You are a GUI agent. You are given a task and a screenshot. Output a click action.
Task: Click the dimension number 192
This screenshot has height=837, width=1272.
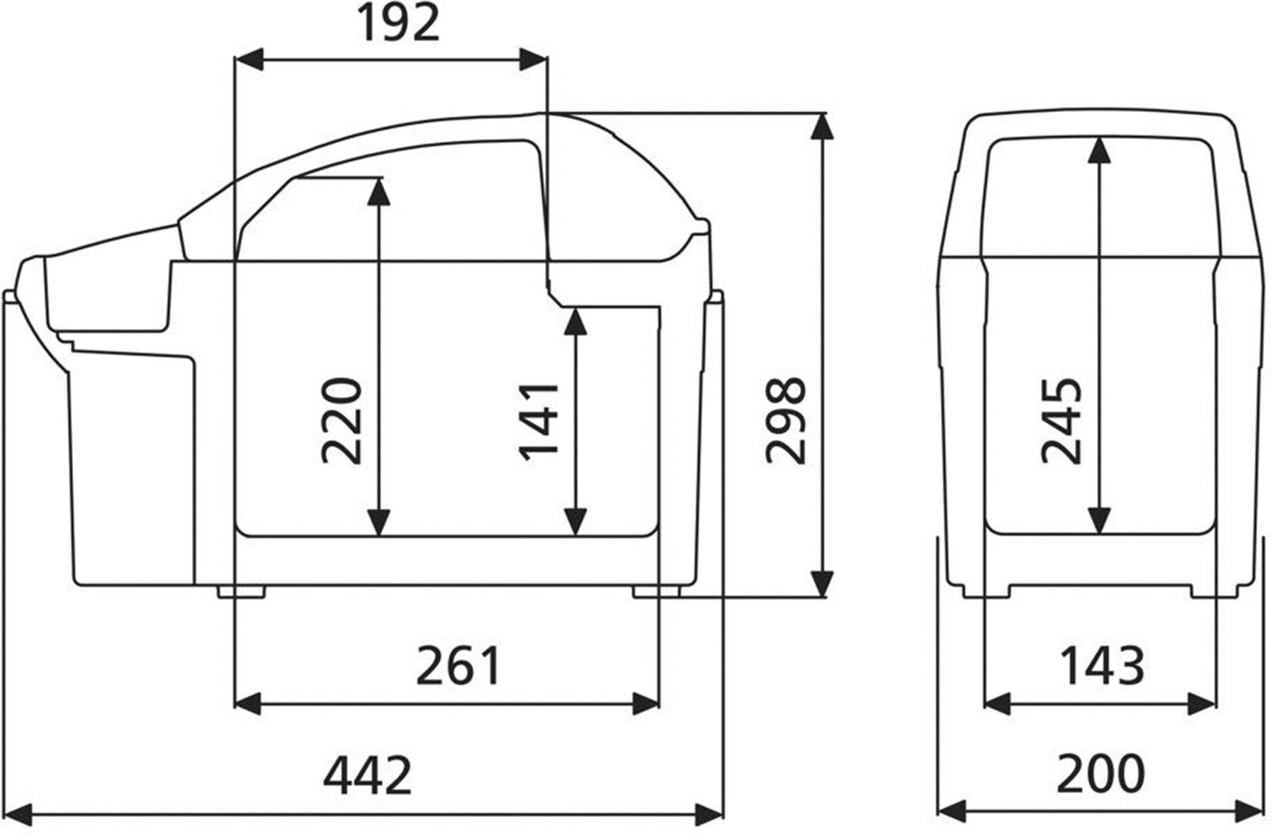tap(398, 23)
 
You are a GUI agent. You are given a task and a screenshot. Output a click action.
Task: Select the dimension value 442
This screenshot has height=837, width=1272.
tap(367, 775)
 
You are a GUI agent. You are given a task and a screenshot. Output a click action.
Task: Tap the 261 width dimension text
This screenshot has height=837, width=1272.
tap(458, 666)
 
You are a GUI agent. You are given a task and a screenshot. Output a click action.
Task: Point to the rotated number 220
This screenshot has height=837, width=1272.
tap(342, 421)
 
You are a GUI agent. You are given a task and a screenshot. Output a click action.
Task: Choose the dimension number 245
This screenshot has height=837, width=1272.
tap(1061, 421)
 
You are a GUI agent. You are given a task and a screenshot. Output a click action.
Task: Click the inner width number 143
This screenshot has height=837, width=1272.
tap(1101, 666)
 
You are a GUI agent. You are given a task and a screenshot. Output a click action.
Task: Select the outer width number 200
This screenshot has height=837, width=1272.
tap(1100, 775)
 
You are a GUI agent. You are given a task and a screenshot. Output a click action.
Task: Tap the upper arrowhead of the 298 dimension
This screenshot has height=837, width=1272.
tap(822, 125)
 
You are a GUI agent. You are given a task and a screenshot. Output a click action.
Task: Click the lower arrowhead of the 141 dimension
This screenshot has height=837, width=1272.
tap(577, 523)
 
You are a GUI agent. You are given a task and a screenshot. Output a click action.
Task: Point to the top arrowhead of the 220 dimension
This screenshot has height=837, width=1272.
tap(379, 190)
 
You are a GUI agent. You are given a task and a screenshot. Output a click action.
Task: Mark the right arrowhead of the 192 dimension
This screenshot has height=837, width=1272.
tap(534, 60)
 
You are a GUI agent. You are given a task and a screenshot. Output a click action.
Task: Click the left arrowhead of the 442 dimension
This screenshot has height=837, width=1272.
tap(18, 814)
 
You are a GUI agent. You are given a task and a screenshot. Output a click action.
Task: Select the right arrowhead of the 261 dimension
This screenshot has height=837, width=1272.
tap(646, 704)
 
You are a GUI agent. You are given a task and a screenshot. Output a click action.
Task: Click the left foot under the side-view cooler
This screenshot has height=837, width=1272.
tap(241, 591)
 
